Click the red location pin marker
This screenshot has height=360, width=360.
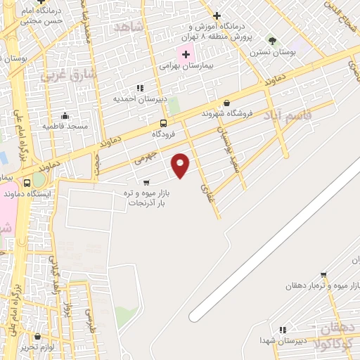pos(181,165)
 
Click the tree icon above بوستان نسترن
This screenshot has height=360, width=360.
pos(272,41)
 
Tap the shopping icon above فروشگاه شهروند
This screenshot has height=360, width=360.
pos(226,102)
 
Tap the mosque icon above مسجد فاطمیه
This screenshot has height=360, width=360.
pos(65,116)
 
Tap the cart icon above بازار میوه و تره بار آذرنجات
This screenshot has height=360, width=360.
pos(146,183)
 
